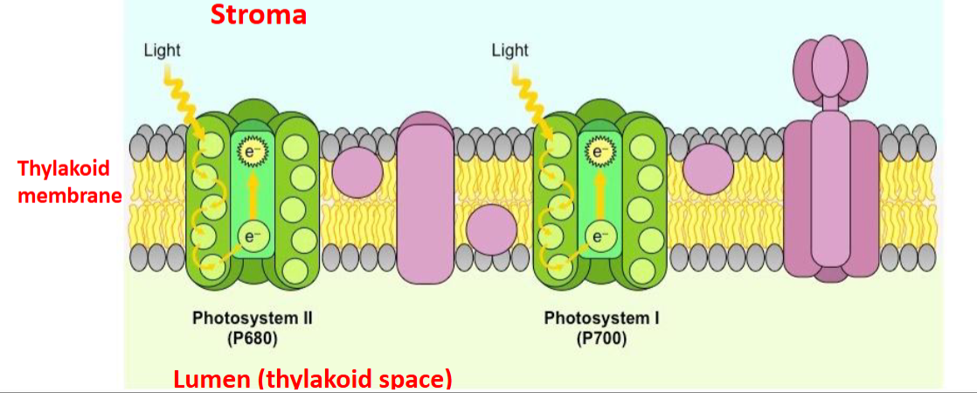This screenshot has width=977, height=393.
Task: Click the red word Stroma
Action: click(x=259, y=15)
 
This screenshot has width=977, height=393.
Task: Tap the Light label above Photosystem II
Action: click(x=162, y=50)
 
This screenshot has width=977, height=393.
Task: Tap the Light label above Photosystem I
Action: click(x=509, y=50)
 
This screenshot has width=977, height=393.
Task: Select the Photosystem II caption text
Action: click(x=252, y=318)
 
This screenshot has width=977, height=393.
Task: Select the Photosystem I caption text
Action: click(x=601, y=318)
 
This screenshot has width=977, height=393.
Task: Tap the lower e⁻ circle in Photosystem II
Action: click(x=251, y=235)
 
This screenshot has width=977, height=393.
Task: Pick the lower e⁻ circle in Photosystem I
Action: click(x=599, y=235)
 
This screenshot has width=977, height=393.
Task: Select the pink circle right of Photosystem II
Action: click(x=358, y=171)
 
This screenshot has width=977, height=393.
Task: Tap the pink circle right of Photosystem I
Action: click(x=708, y=170)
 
